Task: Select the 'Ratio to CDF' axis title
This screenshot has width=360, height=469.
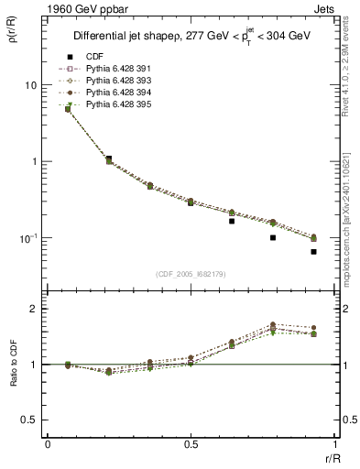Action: click(x=13, y=364)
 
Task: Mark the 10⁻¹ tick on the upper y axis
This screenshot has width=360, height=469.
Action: click(x=27, y=238)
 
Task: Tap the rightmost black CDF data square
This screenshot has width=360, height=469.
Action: click(x=313, y=252)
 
